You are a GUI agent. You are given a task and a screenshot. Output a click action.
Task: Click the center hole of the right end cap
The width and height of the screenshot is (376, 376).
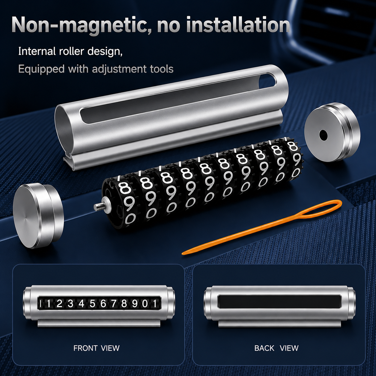[x=323, y=134]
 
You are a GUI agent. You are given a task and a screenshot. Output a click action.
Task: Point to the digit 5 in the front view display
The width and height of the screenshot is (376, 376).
[x=92, y=304]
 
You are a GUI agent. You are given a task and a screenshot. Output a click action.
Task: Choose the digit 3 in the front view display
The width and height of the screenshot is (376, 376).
[x=70, y=304]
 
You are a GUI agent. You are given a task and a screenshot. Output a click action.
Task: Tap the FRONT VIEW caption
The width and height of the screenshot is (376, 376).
[x=96, y=348]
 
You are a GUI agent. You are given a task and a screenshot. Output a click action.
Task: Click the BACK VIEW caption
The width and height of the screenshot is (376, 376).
[x=276, y=348]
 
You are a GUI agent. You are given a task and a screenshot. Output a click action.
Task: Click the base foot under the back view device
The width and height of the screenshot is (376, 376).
[x=279, y=323]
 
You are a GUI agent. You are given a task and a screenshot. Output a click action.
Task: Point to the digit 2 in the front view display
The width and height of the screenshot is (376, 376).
[x=59, y=304]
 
